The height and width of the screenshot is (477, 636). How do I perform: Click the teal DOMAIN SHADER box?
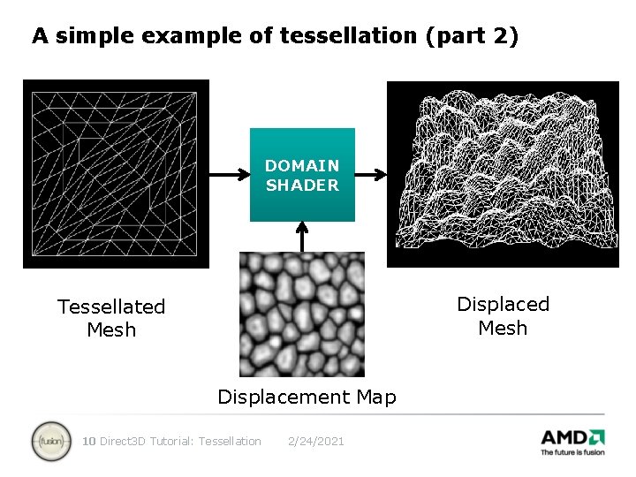point(302,174)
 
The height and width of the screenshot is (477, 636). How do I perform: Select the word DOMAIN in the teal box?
point(302,165)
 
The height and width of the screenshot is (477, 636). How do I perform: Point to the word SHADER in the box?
point(302,185)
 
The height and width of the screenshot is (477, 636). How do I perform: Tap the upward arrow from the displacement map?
point(302,236)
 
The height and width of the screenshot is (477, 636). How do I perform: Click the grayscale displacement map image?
point(302,314)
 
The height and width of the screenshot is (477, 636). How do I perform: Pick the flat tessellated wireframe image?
point(116,174)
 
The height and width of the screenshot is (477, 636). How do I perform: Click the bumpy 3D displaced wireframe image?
point(503,174)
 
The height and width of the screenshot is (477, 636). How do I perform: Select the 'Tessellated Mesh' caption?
point(111,318)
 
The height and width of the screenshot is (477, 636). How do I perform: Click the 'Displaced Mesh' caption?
point(503,315)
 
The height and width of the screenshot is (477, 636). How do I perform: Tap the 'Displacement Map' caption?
point(307,397)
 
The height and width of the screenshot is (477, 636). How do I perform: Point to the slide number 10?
point(88,441)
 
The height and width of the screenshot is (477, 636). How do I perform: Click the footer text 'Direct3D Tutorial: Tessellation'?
point(181,441)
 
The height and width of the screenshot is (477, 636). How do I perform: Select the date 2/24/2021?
point(316,441)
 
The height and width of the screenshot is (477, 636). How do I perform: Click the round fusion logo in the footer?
point(51,441)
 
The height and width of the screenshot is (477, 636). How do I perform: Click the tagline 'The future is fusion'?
point(572,452)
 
